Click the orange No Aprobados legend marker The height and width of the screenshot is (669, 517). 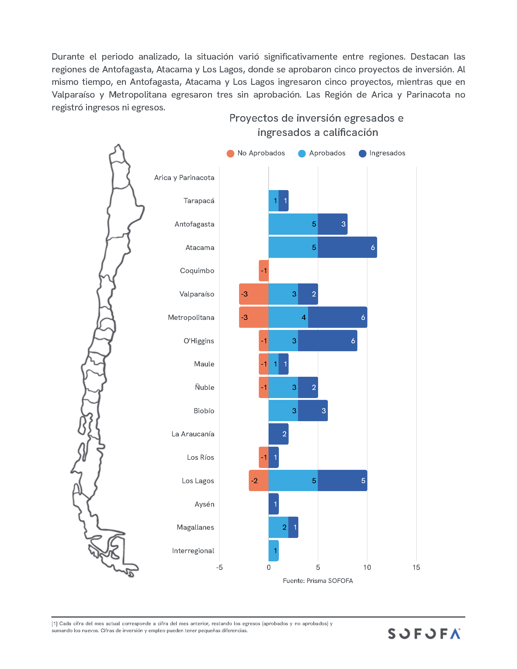tap(230, 154)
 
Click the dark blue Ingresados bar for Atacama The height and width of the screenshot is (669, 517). tap(347, 247)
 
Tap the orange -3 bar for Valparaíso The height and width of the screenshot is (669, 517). tap(254, 294)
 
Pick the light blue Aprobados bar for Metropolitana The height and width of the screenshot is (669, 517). tap(288, 317)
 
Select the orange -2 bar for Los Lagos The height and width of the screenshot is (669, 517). tap(258, 480)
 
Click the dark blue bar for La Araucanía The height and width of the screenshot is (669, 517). tap(278, 434)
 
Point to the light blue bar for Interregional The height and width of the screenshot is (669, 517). tap(273, 551)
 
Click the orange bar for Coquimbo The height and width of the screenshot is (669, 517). tap(264, 271)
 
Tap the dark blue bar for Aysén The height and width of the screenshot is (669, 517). tap(273, 504)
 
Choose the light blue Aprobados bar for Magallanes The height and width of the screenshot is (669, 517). tap(278, 527)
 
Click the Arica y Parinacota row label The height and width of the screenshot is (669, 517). tap(184, 178)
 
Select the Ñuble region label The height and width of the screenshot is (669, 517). tap(204, 387)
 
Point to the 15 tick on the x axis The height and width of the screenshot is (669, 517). tap(416, 568)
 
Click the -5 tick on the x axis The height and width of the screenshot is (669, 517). tap(219, 568)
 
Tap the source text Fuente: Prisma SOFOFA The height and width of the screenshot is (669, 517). tap(317, 581)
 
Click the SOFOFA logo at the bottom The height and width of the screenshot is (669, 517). tap(424, 634)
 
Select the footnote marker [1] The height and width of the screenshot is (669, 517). tap(54, 623)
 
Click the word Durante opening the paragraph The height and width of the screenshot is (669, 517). tap(68, 57)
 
